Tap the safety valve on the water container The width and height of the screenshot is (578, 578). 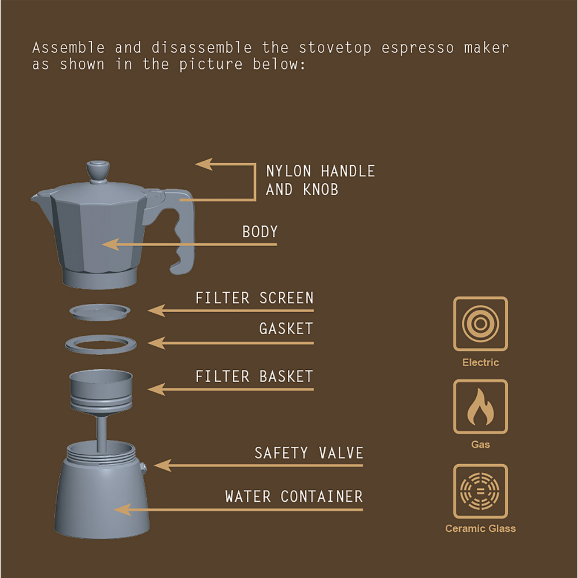pos(143,466)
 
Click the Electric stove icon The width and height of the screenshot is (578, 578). pos(480,324)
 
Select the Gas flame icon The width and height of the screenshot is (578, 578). pos(480,406)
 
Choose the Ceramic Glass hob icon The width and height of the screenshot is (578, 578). pos(480,491)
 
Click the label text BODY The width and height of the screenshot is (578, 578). pos(260,232)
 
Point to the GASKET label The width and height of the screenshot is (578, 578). pos(286,329)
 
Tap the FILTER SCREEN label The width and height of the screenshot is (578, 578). pos(254,298)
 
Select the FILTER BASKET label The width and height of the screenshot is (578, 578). pos(254,377)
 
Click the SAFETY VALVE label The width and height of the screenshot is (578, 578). pos(309,453)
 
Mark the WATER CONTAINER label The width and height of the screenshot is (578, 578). pos(294,497)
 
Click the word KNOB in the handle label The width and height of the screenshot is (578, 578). pos(320,190)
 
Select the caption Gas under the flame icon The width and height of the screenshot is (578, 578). pos(480,444)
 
